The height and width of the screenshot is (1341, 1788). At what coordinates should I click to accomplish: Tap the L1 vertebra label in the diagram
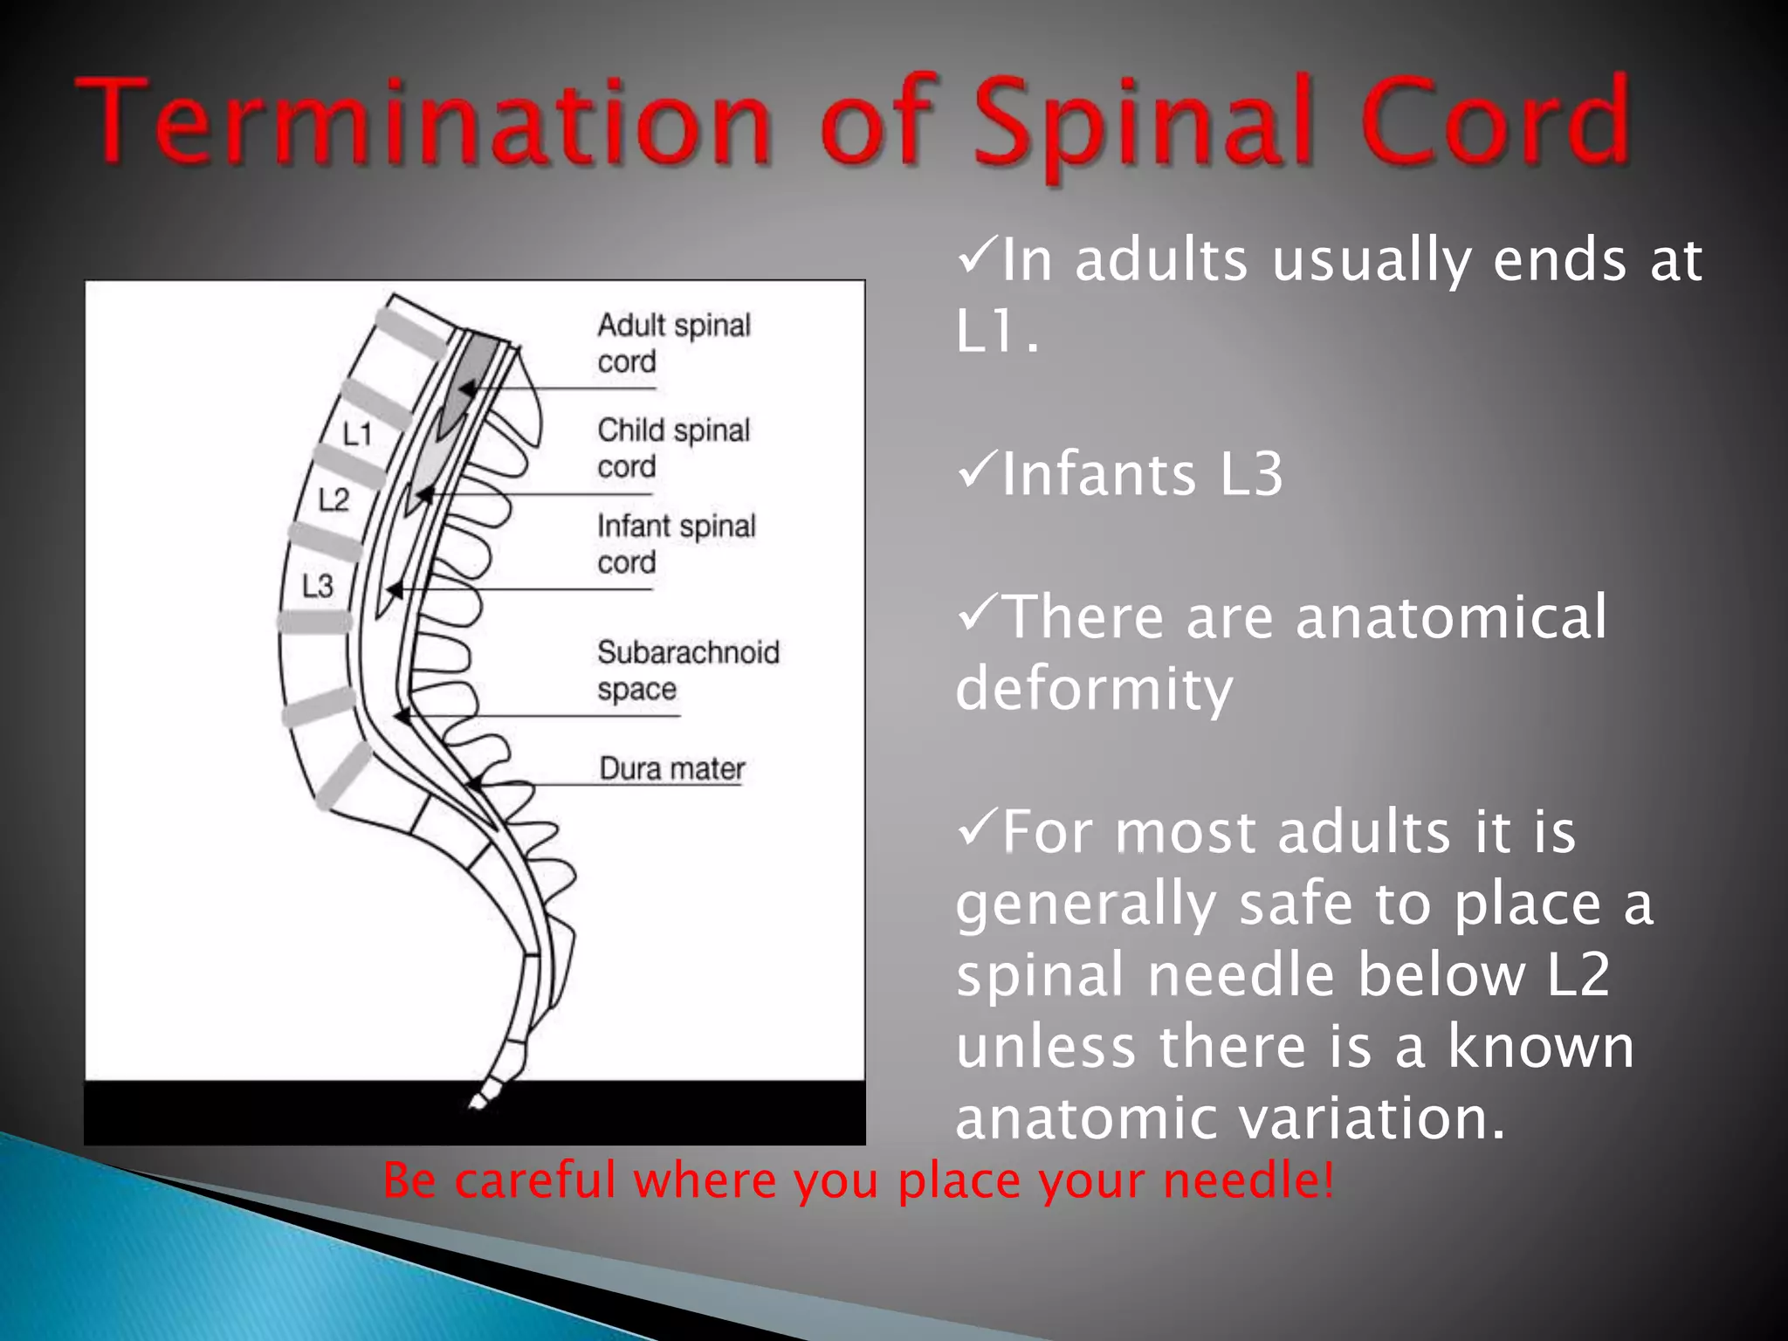357,434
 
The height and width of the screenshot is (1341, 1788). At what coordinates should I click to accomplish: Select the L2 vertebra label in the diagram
334,500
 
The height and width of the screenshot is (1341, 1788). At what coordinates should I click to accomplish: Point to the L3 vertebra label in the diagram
317,586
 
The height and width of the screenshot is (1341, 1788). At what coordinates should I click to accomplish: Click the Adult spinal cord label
673,343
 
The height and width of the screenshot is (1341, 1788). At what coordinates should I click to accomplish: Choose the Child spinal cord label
673,448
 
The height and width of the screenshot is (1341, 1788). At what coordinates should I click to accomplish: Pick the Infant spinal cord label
676,544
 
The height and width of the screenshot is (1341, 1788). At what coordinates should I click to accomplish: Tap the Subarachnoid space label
687,670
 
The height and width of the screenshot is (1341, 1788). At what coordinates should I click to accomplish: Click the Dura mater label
671,768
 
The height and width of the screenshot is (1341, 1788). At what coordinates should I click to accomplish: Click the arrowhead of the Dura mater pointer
472,783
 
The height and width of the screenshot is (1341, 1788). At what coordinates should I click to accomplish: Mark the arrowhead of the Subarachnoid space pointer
402,716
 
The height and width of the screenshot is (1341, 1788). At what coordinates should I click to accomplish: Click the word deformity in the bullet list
1094,689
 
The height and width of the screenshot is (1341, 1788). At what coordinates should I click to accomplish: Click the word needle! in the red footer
1248,1180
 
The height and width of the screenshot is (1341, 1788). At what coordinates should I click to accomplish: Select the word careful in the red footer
535,1180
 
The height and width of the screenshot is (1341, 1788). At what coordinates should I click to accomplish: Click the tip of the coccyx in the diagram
476,1104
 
